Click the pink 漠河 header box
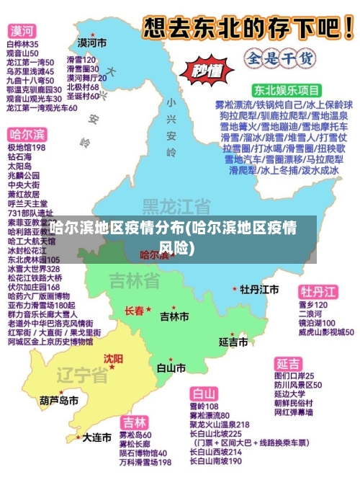click(x=22, y=32)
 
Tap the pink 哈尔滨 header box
click(x=27, y=135)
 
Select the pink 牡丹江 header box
click(x=319, y=292)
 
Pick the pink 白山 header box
click(x=204, y=394)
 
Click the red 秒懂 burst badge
click(x=207, y=71)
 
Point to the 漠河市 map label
click(x=92, y=43)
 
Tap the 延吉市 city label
click(x=234, y=340)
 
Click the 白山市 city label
click(x=171, y=368)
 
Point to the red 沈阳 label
click(x=113, y=358)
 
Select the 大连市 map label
click(x=96, y=437)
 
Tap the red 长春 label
click(x=135, y=311)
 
